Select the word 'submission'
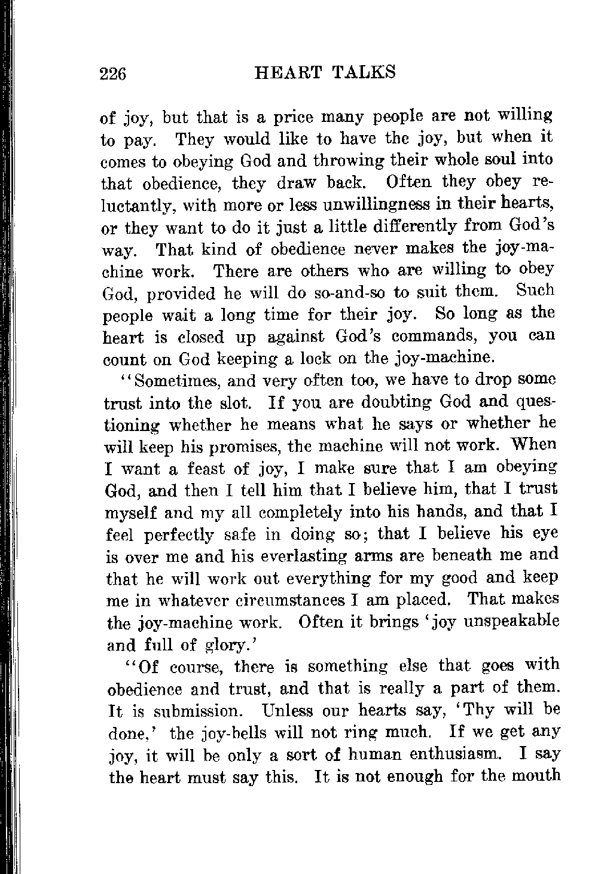click(197, 711)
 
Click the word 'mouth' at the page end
click(533, 777)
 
